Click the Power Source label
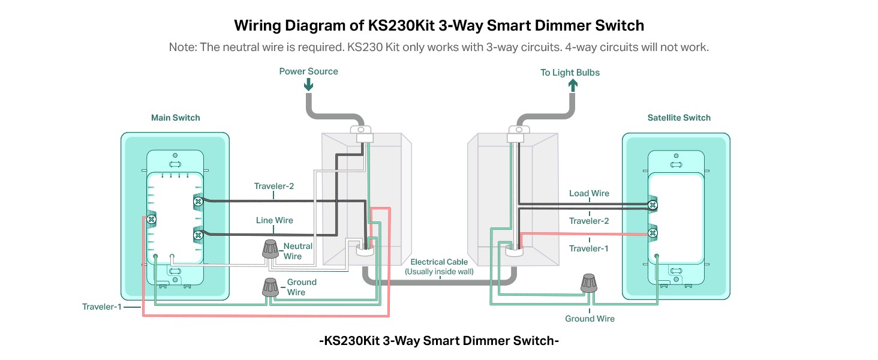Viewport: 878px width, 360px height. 308,71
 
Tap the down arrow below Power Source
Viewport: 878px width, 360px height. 308,85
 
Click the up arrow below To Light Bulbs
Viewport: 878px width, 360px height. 572,85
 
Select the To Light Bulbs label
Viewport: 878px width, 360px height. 570,73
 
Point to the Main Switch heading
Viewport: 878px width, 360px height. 175,118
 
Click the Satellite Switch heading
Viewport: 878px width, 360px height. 679,118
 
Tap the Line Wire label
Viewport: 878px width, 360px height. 274,220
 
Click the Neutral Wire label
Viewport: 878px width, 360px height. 298,251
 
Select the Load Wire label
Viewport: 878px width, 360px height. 589,193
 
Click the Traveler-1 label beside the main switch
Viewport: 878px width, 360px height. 101,307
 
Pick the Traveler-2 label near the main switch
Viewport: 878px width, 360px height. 273,186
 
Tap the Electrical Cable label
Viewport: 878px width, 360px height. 439,262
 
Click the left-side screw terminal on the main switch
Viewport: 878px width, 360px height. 151,219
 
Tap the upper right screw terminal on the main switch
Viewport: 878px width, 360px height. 197,202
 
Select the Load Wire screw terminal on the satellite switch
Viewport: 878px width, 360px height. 653,205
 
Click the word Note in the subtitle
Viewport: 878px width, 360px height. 181,47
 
